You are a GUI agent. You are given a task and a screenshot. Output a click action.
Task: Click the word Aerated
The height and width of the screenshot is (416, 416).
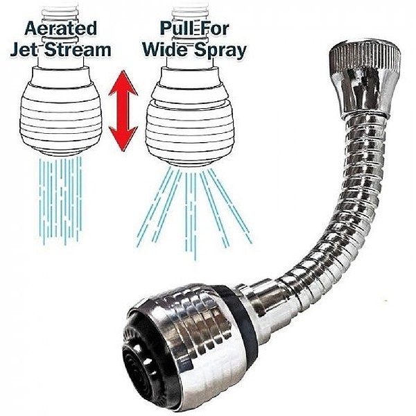60,28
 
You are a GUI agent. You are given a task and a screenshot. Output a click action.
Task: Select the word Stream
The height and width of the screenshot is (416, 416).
78,50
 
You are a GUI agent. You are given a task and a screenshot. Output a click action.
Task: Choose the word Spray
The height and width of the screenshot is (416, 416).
220,51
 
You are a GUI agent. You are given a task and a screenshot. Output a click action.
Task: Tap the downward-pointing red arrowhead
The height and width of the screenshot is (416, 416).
123,139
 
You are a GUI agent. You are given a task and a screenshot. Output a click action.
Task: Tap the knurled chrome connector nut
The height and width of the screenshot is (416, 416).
364,80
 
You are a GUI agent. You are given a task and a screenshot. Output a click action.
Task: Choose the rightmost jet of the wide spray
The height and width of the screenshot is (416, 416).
230,207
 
